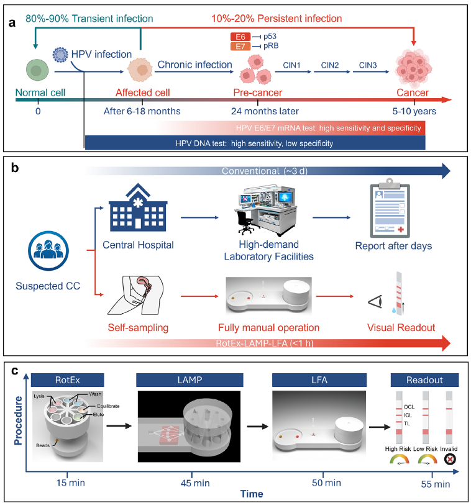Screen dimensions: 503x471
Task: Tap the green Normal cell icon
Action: (36, 70)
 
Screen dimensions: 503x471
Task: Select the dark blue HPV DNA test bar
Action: (255, 143)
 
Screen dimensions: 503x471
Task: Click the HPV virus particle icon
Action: (61, 53)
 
